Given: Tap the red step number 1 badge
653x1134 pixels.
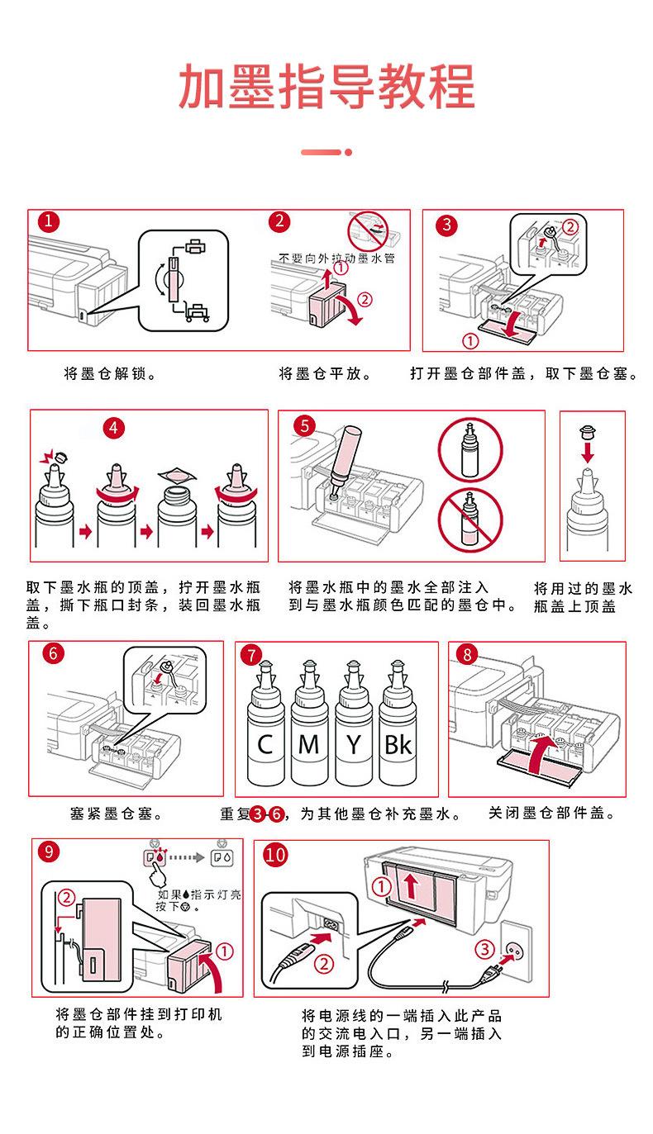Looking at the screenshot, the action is coord(50,221).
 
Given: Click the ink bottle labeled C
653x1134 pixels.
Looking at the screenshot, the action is coord(265,735).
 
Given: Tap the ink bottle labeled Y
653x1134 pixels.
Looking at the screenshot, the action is coord(354,735).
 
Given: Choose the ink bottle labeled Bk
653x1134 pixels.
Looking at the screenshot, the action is coord(397,735).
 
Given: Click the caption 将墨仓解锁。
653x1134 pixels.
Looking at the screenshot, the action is coord(112,373).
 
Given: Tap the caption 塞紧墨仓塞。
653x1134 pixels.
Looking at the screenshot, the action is coord(115,814).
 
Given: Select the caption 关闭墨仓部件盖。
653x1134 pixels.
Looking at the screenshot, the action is coord(551,814).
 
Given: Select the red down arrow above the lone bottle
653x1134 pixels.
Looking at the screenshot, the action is coord(588,453).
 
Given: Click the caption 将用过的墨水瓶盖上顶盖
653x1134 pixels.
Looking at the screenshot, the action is coord(583,597).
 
